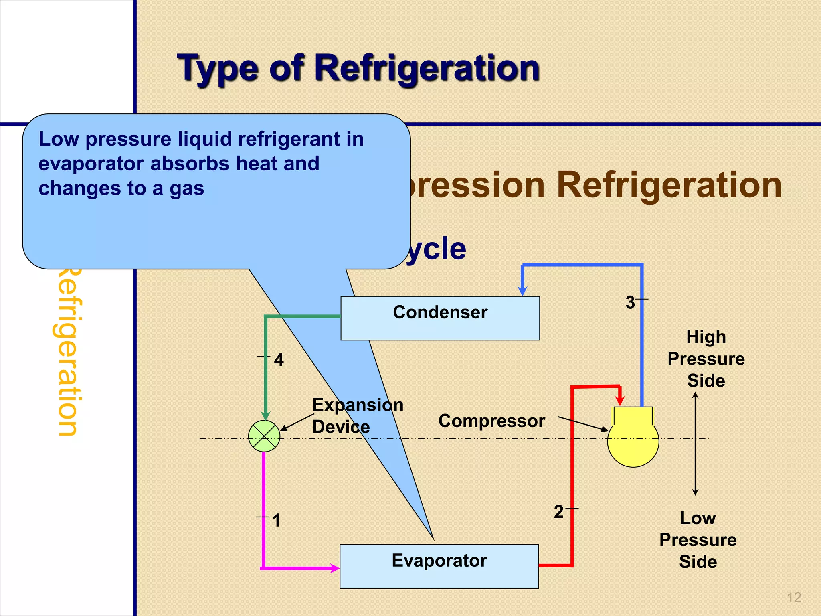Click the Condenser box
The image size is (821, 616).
click(x=440, y=318)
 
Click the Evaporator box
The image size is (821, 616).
click(x=439, y=566)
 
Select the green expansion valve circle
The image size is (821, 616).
click(x=264, y=436)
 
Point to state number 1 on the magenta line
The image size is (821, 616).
click(x=277, y=521)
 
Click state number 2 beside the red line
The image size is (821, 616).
click(x=559, y=512)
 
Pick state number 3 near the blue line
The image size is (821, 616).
click(x=630, y=302)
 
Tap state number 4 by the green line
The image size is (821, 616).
click(x=279, y=360)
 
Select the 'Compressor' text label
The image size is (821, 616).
click(x=491, y=421)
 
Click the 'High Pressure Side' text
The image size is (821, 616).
click(x=706, y=359)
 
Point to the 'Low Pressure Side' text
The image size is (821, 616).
click(x=698, y=540)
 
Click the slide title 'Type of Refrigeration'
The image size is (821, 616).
click(x=358, y=68)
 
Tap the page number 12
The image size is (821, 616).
click(x=794, y=598)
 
